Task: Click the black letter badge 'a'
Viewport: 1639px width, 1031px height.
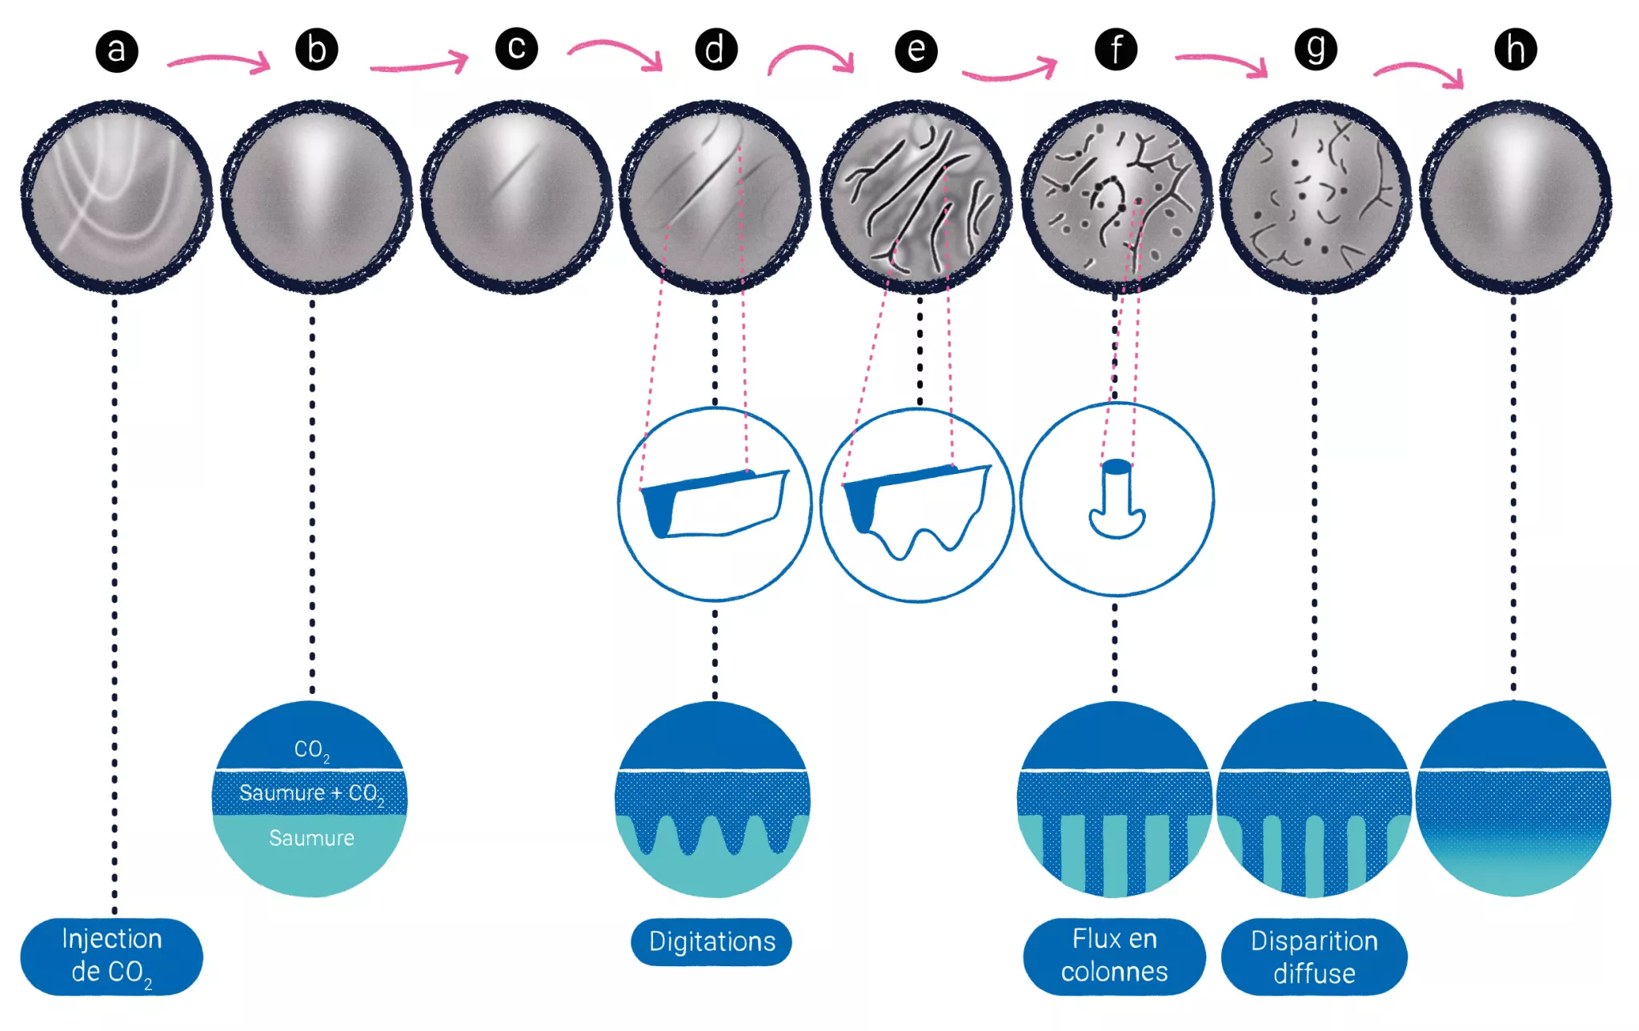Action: (117, 51)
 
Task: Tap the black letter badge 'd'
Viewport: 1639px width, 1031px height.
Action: (715, 50)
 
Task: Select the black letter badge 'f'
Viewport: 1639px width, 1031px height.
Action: (1116, 50)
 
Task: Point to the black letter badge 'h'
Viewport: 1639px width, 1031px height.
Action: (1515, 50)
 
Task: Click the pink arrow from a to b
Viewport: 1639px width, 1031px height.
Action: (219, 61)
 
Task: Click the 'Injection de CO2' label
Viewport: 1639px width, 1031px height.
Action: (111, 957)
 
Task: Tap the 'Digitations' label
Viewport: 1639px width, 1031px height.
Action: (711, 942)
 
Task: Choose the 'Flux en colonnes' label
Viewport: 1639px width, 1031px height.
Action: (1114, 956)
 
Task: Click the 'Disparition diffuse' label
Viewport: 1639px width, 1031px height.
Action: (1314, 957)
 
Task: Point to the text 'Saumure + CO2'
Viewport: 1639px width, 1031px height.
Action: (311, 793)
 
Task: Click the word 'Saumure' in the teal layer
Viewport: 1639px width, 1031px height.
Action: (311, 838)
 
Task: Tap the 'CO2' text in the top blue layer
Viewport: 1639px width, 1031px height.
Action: (311, 750)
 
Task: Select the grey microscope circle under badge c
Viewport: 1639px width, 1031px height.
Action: (516, 197)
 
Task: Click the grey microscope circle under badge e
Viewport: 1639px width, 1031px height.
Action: (916, 197)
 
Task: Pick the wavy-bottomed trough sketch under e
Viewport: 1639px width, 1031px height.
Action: (917, 509)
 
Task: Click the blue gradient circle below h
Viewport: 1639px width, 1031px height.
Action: (1513, 798)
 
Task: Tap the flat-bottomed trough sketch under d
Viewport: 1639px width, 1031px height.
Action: (715, 503)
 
